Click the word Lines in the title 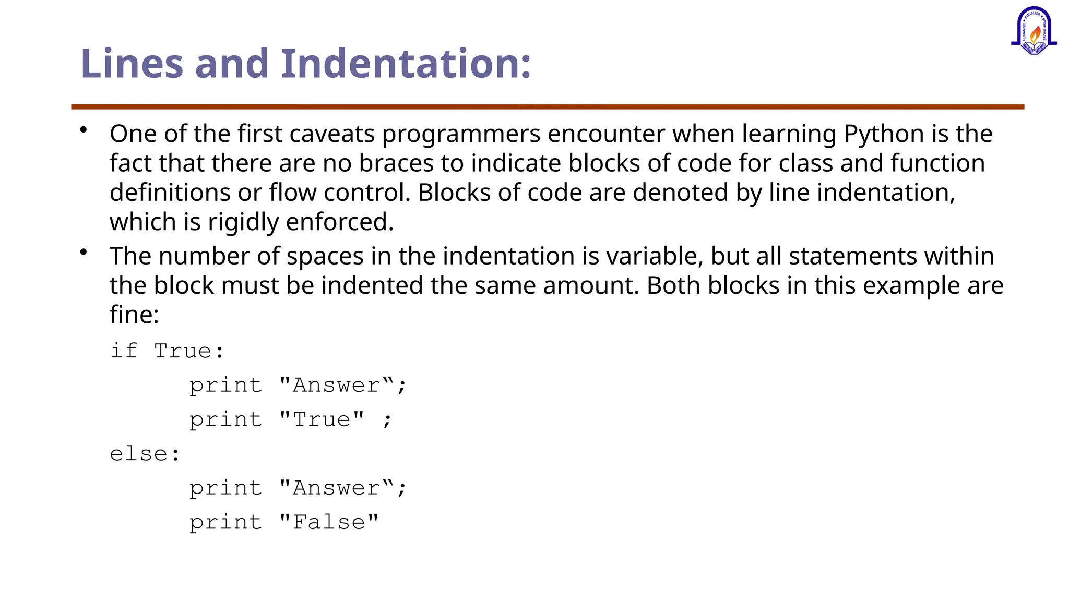(132, 64)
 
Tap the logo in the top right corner (1034, 31)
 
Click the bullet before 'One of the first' (84, 130)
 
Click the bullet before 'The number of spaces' (84, 253)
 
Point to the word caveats (332, 134)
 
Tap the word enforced (339, 222)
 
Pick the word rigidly (243, 223)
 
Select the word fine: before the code (134, 315)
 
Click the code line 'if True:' (167, 351)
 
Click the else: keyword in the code (145, 453)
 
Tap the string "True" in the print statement (322, 419)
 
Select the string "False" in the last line (329, 522)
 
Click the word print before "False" (225, 522)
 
